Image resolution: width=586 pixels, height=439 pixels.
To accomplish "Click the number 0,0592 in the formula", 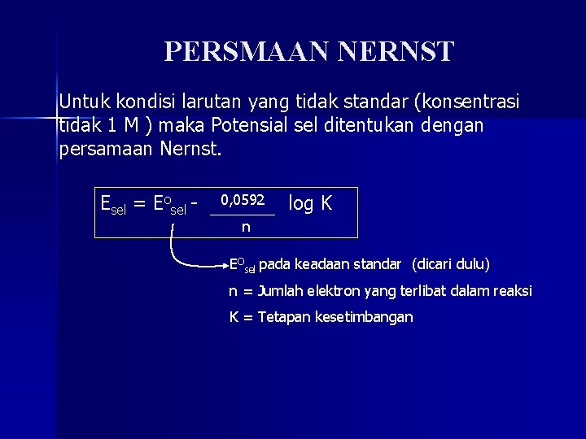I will (243, 198).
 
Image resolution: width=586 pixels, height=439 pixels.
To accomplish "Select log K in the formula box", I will (310, 203).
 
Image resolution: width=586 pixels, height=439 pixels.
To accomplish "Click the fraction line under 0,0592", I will (243, 214).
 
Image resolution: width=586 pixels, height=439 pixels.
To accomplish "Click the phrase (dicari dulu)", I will (451, 265).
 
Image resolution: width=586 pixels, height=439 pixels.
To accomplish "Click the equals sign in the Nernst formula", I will (139, 204).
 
